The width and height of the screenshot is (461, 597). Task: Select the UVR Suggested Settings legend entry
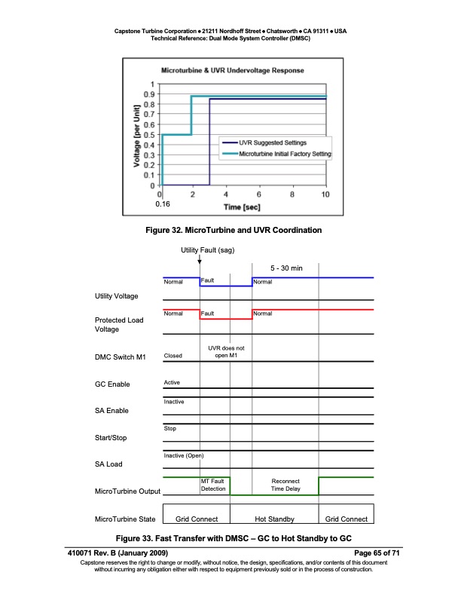click(272, 142)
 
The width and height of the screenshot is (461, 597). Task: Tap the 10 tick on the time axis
click(325, 194)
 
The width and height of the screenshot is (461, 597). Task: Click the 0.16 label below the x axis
click(163, 204)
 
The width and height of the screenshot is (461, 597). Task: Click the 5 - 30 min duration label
click(285, 268)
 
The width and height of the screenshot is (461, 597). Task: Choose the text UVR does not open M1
click(226, 351)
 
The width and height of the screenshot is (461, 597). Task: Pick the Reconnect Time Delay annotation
click(285, 485)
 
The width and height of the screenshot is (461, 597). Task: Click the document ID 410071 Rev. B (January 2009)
click(125, 554)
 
